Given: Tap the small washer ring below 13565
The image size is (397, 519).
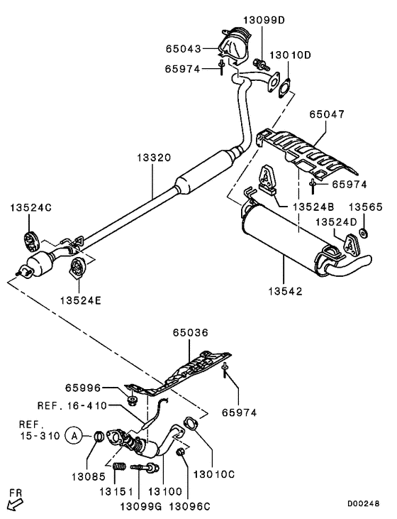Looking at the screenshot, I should pos(362,234).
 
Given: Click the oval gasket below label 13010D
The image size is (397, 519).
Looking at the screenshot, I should pos(284,89).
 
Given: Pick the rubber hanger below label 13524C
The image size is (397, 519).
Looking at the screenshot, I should pos(32,238).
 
